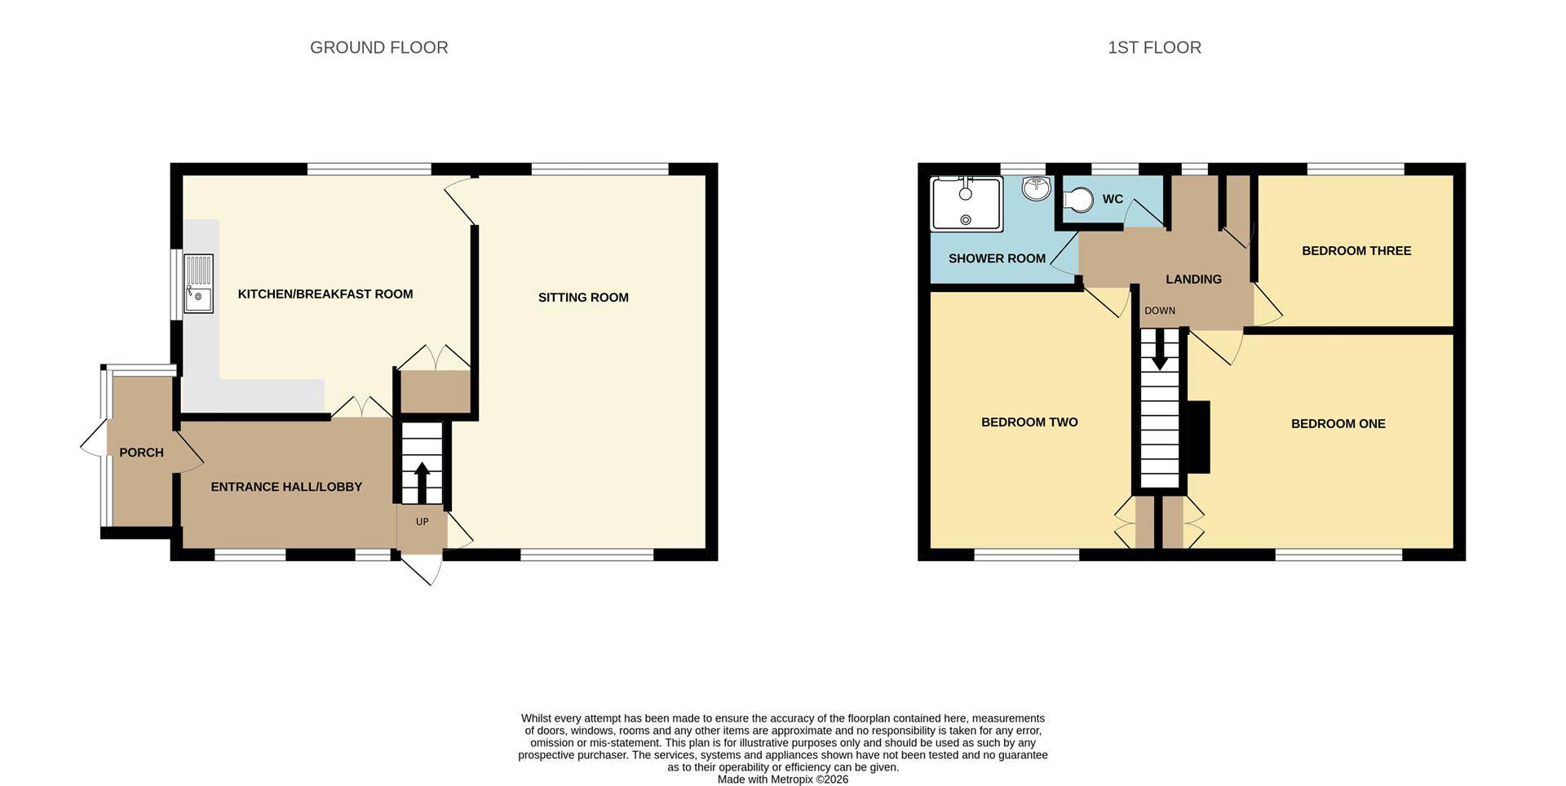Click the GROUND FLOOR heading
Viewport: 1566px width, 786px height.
point(378,48)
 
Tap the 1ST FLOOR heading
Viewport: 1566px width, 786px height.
point(1154,48)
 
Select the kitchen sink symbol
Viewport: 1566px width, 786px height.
point(198,284)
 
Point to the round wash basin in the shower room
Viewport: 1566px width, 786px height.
point(1036,188)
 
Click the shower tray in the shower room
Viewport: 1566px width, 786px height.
point(967,203)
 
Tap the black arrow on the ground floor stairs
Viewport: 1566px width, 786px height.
point(422,484)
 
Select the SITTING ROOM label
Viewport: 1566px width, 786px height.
point(583,298)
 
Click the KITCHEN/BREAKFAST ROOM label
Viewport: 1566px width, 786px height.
point(325,294)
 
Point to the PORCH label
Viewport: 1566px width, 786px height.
point(141,453)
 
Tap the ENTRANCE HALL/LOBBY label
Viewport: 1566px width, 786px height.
point(286,487)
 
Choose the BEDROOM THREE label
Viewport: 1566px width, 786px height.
point(1356,251)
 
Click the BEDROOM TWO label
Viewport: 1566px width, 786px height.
point(1029,422)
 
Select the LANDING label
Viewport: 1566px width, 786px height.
point(1193,280)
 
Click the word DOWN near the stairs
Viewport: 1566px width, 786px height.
point(1160,311)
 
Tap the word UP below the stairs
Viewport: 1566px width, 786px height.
point(422,522)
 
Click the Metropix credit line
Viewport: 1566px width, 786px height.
point(783,779)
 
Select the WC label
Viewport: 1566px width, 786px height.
point(1113,200)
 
